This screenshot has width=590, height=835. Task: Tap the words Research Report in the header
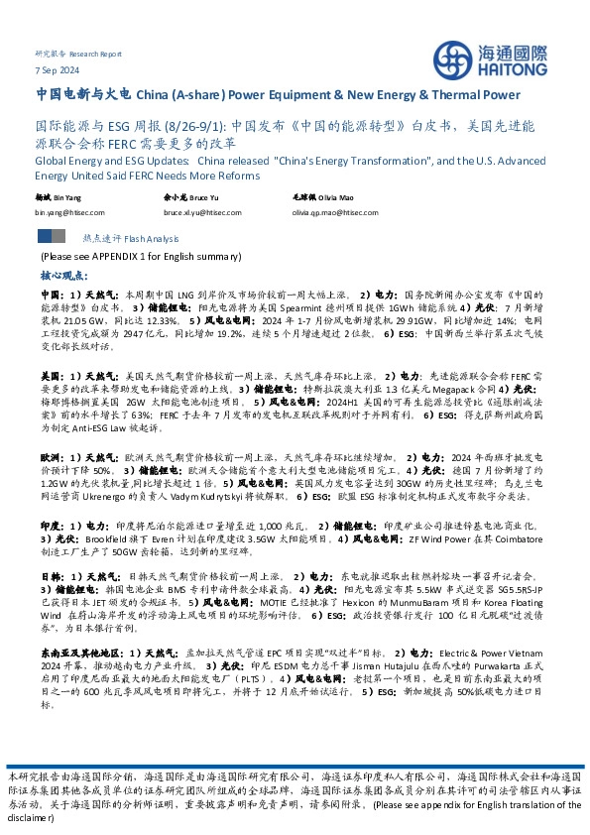tap(97, 54)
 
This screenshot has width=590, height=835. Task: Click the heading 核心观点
tap(62, 273)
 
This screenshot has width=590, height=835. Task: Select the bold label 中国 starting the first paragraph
tap(51, 295)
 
